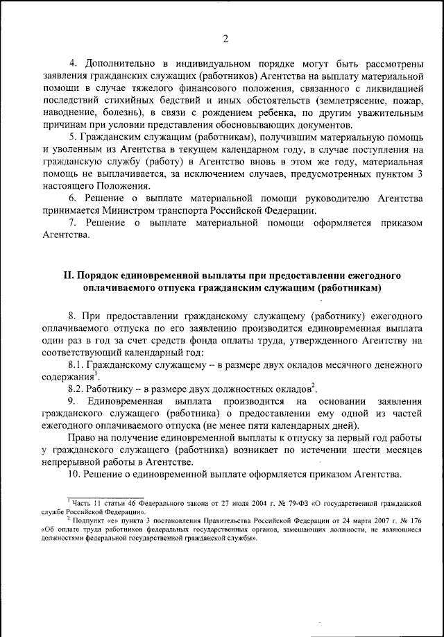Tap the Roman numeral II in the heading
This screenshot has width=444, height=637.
pyautogui.click(x=68, y=275)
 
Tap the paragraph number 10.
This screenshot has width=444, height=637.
pyautogui.click(x=74, y=477)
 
